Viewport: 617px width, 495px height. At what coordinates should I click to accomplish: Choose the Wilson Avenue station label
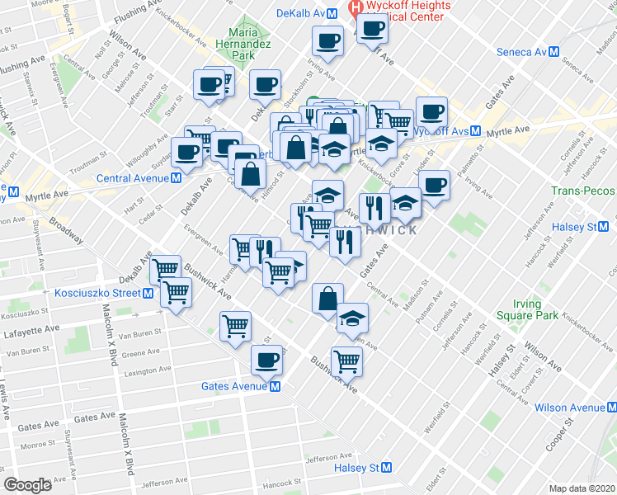pyautogui.click(x=569, y=408)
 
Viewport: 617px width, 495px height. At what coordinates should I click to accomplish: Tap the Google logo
pyautogui.click(x=28, y=485)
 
